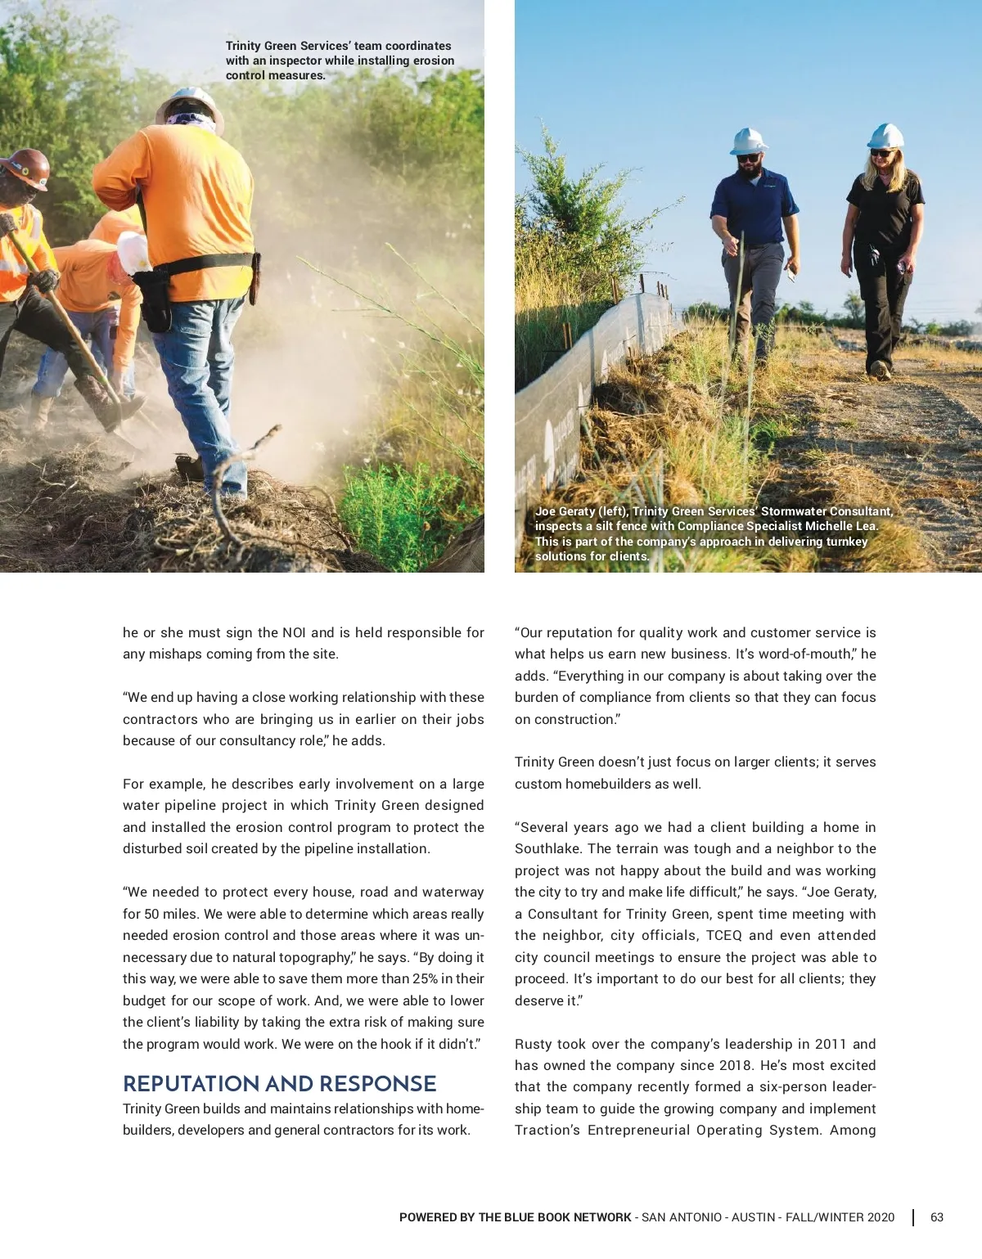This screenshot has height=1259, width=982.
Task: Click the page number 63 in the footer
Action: click(937, 1217)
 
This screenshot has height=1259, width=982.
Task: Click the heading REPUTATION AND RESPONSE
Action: click(279, 1084)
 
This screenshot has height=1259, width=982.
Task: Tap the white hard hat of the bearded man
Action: click(748, 141)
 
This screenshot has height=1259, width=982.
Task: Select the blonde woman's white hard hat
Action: click(885, 136)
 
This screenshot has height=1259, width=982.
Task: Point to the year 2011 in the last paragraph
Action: click(830, 1044)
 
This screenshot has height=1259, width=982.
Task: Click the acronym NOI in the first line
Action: click(294, 632)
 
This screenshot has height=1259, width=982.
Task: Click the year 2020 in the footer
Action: click(881, 1217)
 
